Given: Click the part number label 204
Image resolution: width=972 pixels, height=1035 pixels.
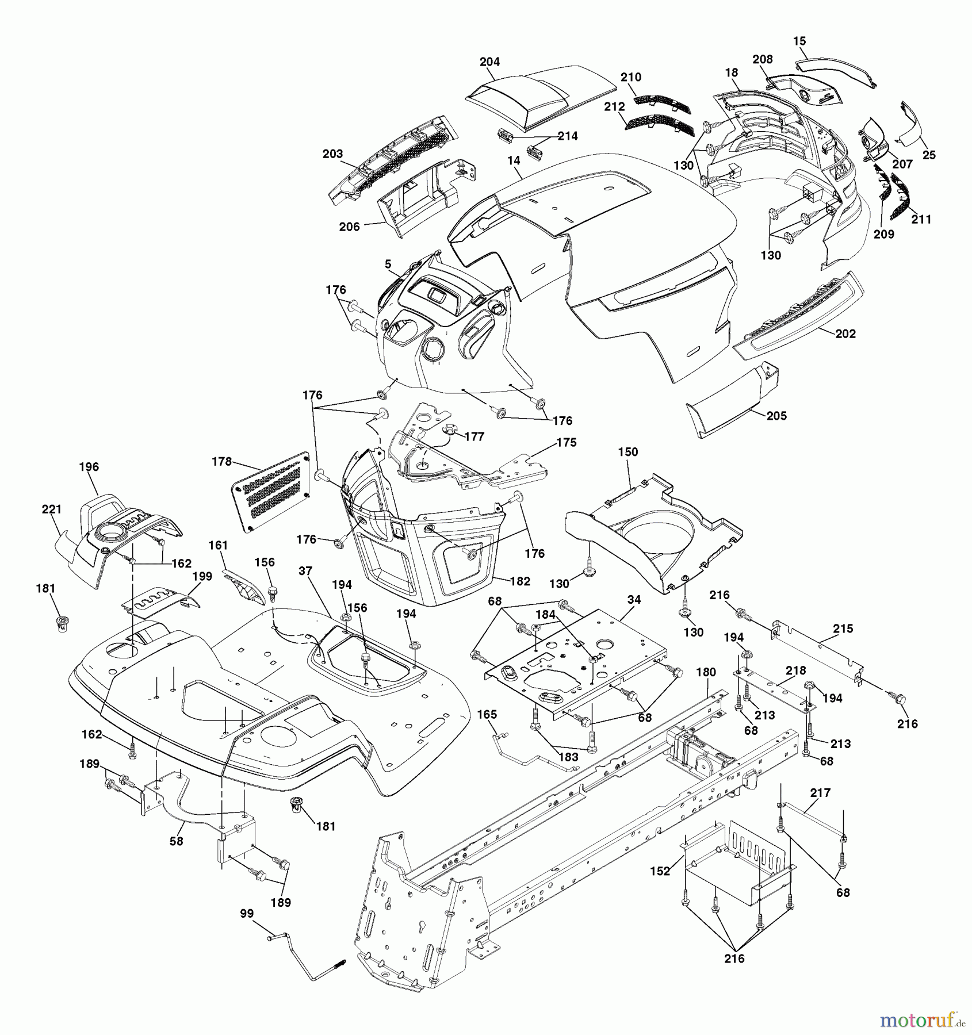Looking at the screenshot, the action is (489, 62).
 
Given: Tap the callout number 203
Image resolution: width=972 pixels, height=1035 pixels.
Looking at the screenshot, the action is (332, 154).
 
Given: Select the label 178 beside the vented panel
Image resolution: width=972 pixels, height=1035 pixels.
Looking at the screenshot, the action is (221, 461).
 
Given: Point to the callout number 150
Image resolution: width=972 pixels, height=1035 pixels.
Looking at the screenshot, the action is (628, 452).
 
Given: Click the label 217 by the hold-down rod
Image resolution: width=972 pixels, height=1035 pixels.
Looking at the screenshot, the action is (820, 793).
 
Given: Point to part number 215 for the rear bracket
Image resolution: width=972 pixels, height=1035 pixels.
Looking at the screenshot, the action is (843, 628).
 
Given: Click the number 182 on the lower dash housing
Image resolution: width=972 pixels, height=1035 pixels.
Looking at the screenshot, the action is (520, 581).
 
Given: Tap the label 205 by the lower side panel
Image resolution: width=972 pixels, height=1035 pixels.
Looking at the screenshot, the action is (776, 416).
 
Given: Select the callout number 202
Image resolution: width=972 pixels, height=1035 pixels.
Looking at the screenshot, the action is (845, 333).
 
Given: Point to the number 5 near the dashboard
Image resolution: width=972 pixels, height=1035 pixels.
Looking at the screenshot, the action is (388, 264).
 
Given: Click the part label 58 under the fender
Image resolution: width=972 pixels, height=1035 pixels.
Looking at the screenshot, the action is (176, 841).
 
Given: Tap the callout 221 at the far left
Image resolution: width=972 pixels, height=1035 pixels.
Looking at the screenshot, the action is (52, 509).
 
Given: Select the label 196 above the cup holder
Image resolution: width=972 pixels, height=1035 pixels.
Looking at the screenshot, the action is (89, 467).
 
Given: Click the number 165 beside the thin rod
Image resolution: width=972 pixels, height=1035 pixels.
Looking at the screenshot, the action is (487, 714).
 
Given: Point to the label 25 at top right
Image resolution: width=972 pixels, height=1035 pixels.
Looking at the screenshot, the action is (929, 155).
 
